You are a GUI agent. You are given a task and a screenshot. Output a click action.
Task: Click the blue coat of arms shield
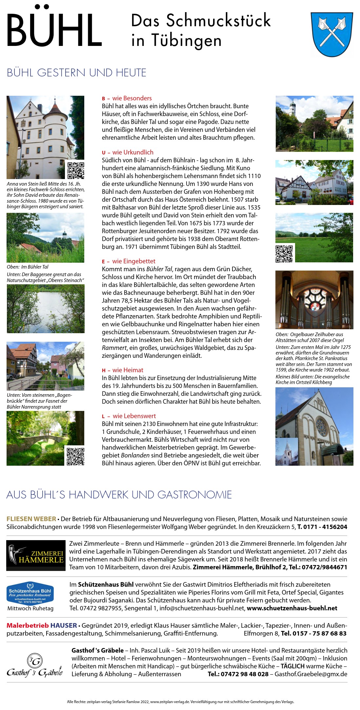tap(331, 34)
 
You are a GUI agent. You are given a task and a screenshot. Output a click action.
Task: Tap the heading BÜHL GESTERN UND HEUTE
tap(76, 72)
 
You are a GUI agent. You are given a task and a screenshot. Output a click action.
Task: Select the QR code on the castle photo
tap(76, 170)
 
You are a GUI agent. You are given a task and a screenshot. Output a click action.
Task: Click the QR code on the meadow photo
tap(284, 254)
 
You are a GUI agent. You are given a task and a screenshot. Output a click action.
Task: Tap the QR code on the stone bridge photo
tap(75, 456)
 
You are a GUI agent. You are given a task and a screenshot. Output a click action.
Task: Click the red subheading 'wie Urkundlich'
tap(132, 152)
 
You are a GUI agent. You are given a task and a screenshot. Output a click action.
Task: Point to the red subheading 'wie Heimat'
tap(128, 370)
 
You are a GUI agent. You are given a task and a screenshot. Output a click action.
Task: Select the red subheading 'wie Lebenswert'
tap(134, 416)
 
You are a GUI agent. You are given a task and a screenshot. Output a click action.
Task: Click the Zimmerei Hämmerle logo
tap(36, 555)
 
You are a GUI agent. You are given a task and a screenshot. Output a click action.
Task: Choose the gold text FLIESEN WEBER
tap(31, 519)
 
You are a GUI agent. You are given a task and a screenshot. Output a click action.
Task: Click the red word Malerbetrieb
tap(28, 625)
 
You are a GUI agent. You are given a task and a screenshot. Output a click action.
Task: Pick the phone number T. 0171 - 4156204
tap(322, 527)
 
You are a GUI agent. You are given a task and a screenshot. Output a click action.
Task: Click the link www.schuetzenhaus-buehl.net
tap(292, 608)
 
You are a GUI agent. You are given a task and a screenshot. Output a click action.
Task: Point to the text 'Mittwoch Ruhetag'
tap(30, 608)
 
